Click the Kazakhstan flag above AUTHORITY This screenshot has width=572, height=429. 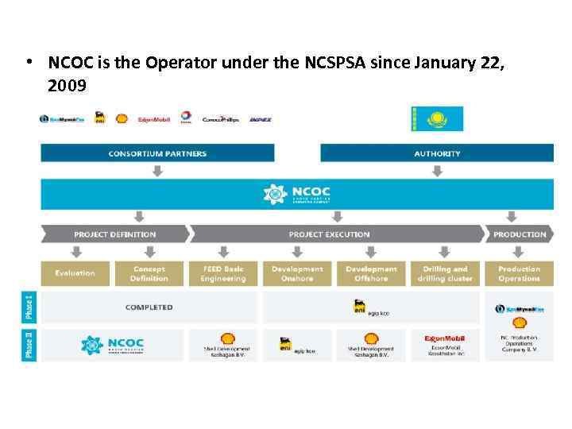[x=437, y=118]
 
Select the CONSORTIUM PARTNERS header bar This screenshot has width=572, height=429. [x=157, y=153]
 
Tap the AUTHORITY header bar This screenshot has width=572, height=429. [x=436, y=153]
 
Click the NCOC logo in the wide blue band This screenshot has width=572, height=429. [x=298, y=194]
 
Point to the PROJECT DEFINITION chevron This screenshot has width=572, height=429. [x=115, y=234]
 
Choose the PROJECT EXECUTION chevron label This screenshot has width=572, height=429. [x=329, y=234]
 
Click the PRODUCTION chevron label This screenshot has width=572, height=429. [x=520, y=234]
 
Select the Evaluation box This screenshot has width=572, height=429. [x=75, y=273]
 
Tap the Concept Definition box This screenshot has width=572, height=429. [x=149, y=273]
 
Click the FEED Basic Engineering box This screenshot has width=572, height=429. [x=223, y=273]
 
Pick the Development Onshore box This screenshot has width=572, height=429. [x=297, y=273]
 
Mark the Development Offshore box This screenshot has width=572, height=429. [x=371, y=273]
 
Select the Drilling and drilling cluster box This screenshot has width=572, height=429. [x=445, y=273]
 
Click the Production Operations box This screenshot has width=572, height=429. [x=519, y=273]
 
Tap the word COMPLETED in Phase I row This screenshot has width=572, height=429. [x=149, y=307]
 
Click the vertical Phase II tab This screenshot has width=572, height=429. [x=29, y=345]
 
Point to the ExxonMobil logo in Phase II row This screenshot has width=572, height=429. [x=445, y=338]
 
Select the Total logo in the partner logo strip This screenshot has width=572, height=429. [x=186, y=118]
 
